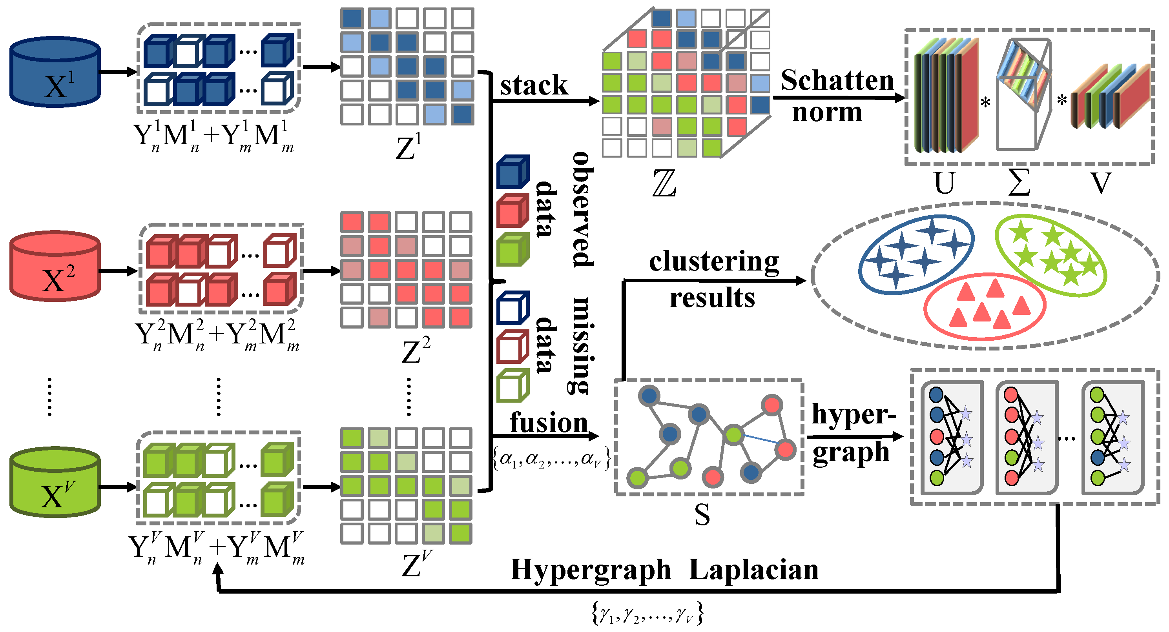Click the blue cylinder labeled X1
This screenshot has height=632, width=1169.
tap(55, 73)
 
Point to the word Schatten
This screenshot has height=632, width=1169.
tap(837, 81)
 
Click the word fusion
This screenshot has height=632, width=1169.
tap(548, 423)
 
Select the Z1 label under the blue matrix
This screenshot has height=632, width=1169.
tap(409, 147)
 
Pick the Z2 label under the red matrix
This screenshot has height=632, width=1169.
tap(415, 351)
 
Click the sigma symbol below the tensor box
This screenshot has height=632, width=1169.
tap(1019, 182)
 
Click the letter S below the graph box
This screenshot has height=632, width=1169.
tap(702, 515)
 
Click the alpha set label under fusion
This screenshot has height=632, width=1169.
tap(551, 459)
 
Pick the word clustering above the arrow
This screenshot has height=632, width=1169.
tap(714, 262)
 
